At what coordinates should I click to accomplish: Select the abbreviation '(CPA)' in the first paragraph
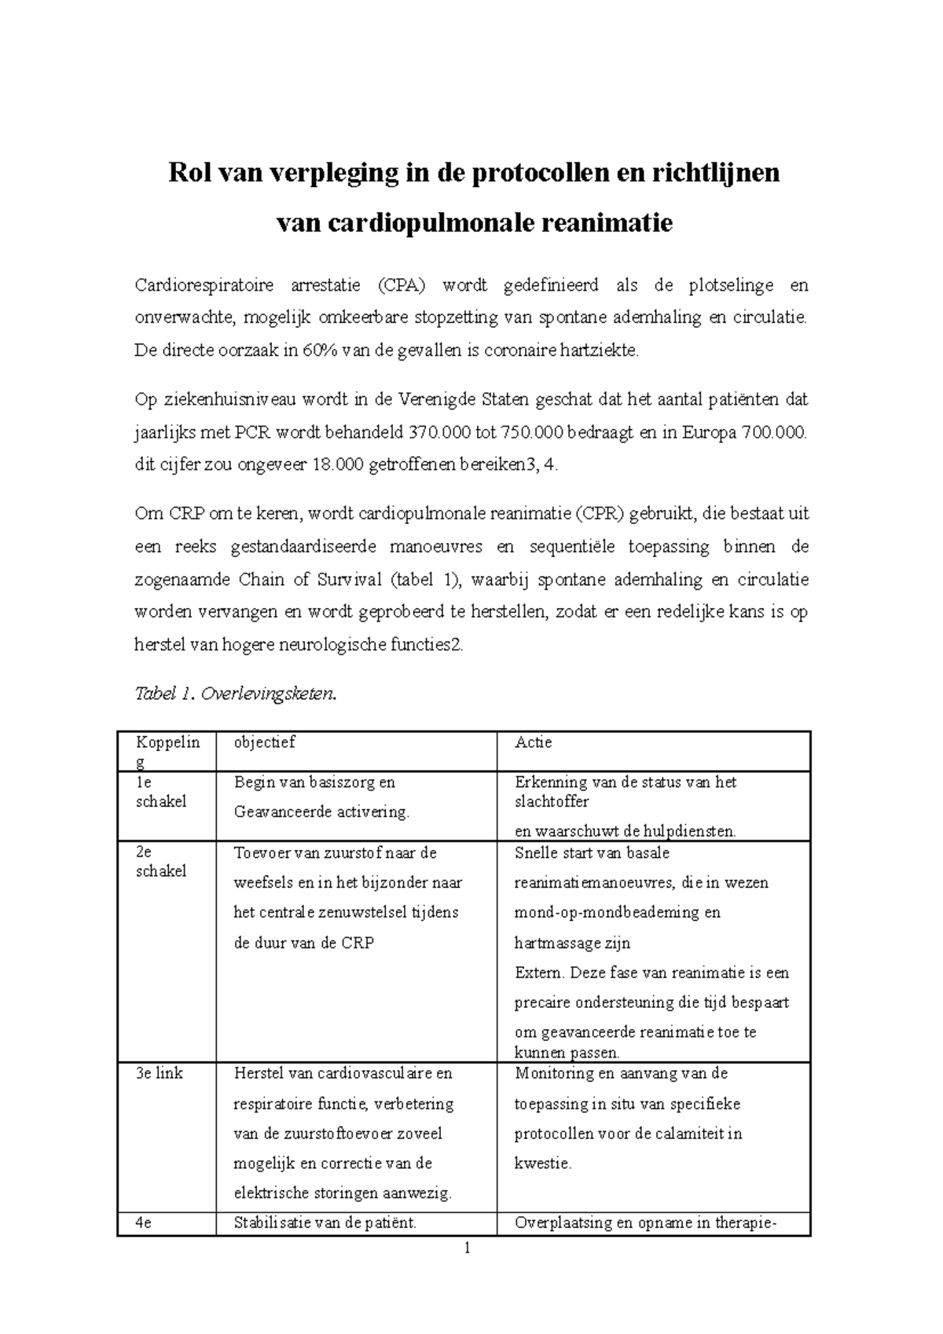tap(401, 285)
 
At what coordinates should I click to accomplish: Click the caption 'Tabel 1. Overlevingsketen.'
tap(236, 694)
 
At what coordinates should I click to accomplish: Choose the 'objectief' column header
tap(265, 742)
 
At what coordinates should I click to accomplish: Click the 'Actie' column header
tap(534, 742)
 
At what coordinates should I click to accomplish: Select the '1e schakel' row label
tap(160, 792)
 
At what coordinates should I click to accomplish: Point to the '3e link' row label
tap(159, 1073)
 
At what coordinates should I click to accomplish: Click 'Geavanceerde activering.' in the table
tap(321, 812)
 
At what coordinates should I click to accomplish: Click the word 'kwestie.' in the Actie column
tap(543, 1164)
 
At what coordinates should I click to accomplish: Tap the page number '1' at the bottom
tap(467, 1248)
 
